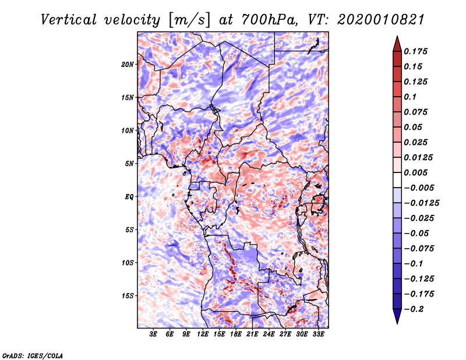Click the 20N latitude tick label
[128, 64]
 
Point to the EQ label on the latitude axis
[129, 197]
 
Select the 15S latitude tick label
[128, 296]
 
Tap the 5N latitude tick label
[130, 164]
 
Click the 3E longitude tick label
[154, 334]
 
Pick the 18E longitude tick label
[236, 334]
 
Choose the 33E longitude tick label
[318, 334]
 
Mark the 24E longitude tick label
[269, 334]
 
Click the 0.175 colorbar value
[417, 52]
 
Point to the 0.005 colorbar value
[417, 173]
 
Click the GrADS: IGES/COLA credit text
[32, 355]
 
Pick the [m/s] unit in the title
[189, 20]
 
